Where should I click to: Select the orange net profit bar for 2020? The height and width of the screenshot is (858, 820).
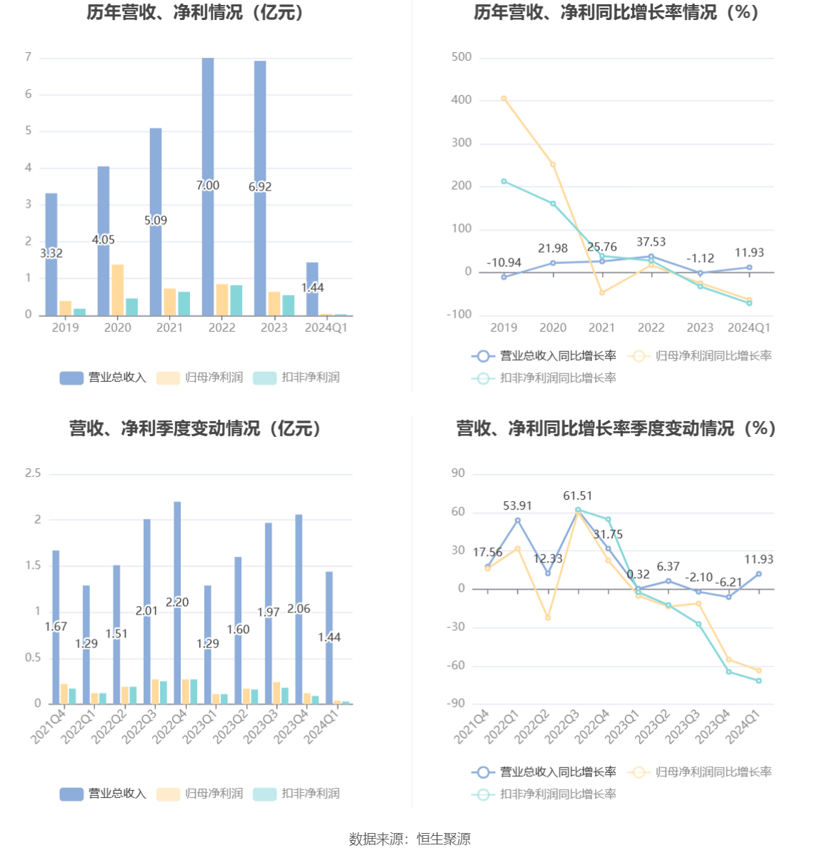tap(117, 290)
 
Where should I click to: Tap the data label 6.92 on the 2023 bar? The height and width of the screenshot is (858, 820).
tap(260, 186)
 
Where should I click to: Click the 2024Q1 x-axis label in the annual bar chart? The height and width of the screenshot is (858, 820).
tap(326, 328)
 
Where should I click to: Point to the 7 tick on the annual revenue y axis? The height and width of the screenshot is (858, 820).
tap(29, 57)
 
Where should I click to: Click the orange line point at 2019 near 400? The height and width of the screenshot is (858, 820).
tap(504, 99)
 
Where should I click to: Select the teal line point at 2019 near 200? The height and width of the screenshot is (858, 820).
tap(504, 181)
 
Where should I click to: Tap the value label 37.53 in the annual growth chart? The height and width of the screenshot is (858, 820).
tap(651, 242)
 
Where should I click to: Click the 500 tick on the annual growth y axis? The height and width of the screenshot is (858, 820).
tap(461, 57)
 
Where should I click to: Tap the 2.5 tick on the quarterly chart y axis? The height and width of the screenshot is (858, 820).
tap(33, 473)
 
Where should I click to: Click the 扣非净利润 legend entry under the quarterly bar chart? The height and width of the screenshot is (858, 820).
tap(310, 793)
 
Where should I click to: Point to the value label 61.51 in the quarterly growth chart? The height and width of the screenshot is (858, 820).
tap(577, 496)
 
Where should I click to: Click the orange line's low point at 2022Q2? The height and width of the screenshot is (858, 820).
tap(548, 617)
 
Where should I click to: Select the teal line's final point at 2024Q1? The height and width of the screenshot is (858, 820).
tap(759, 680)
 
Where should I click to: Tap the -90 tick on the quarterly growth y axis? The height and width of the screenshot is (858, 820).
tap(456, 704)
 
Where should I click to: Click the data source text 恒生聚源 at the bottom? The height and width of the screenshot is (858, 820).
tap(444, 839)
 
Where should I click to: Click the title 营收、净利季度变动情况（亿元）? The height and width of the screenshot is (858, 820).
tap(196, 428)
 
